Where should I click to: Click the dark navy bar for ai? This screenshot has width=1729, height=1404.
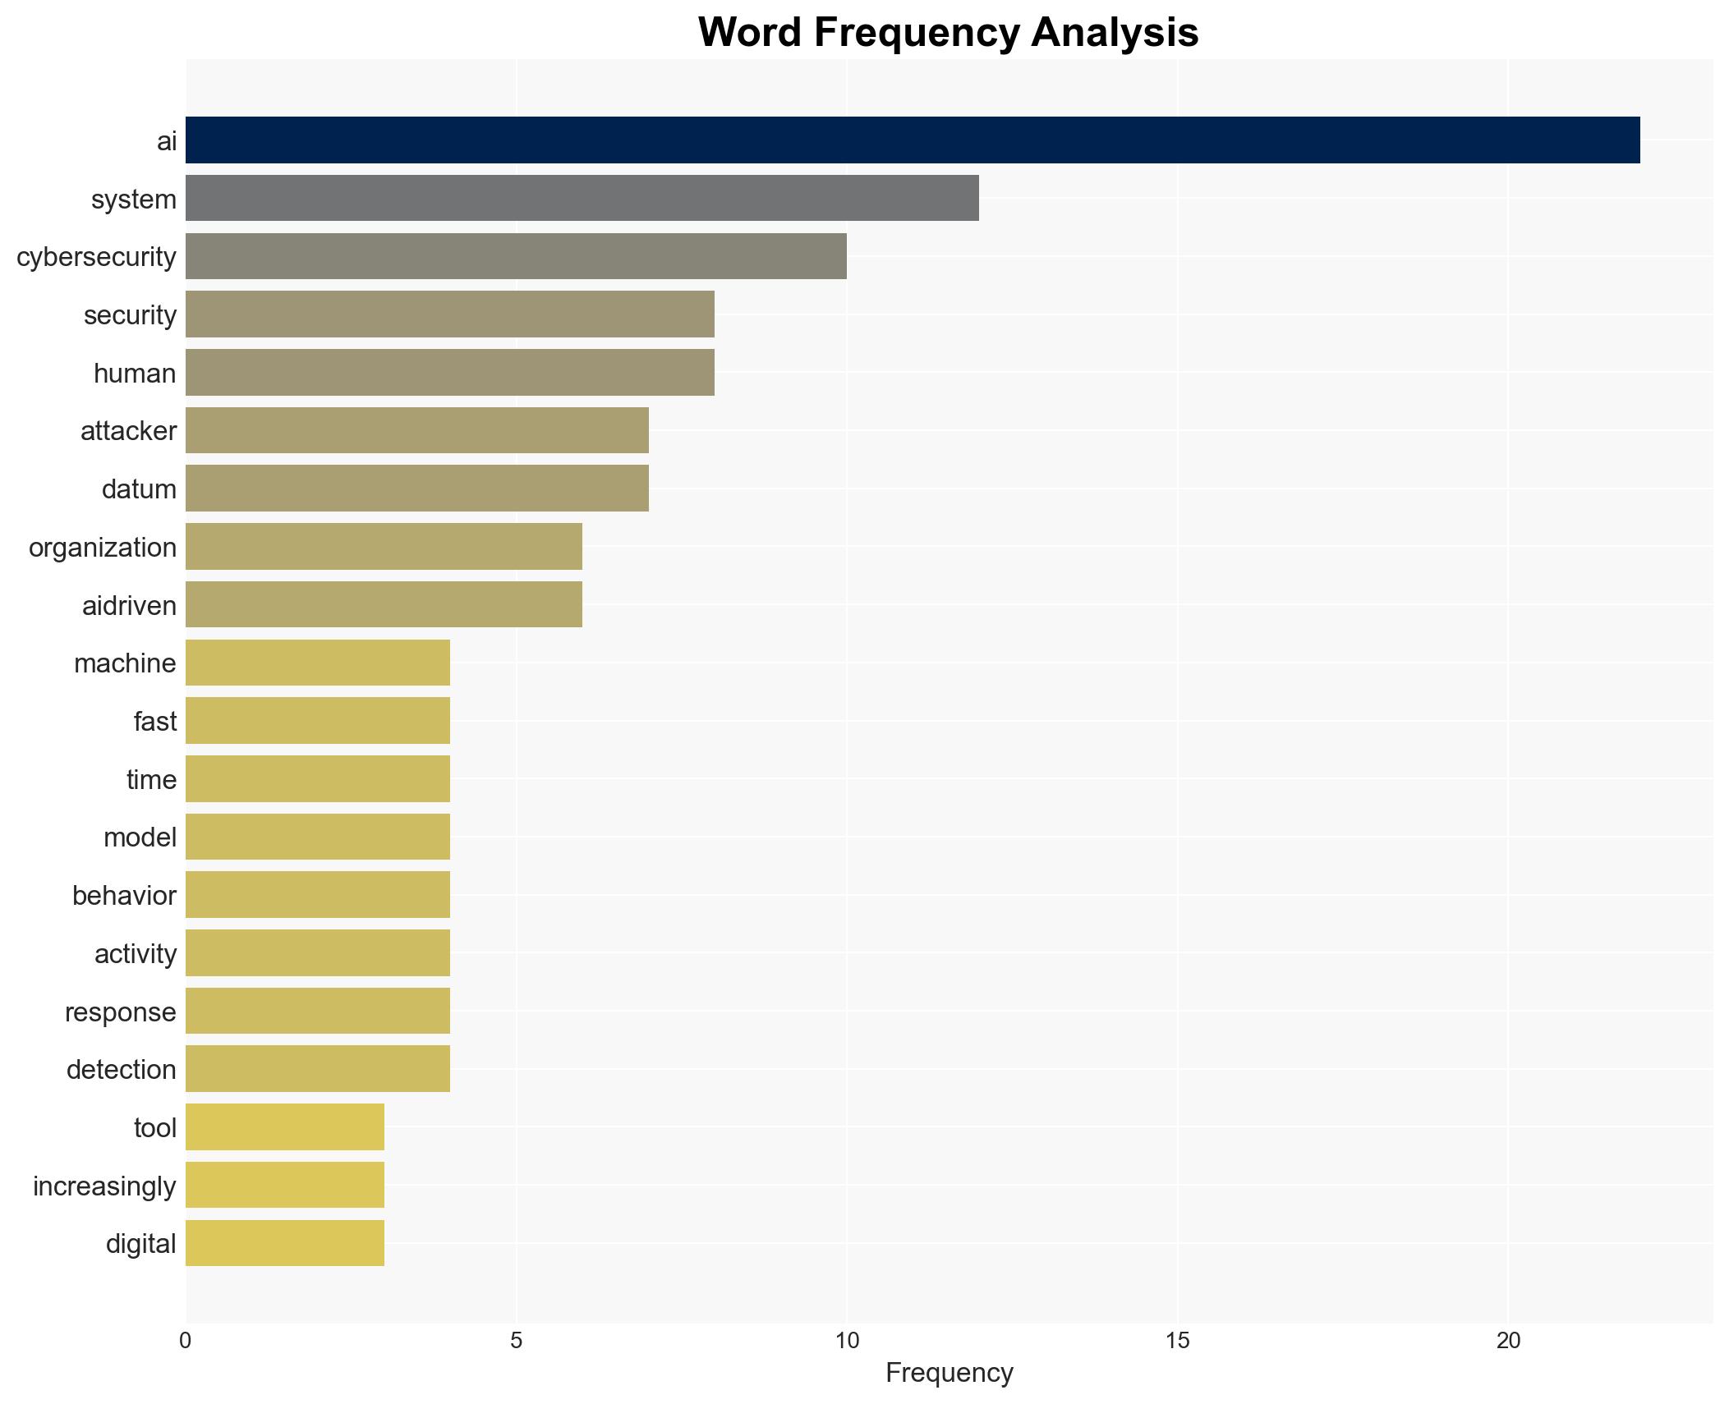tap(912, 140)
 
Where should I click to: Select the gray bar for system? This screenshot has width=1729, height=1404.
tap(582, 198)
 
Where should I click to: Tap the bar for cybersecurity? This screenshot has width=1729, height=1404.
tap(516, 256)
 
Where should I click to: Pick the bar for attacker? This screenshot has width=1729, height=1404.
tap(416, 430)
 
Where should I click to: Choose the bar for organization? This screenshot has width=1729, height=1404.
tap(384, 547)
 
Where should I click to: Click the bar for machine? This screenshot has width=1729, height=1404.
tap(317, 663)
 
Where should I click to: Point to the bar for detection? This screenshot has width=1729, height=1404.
tap(317, 1069)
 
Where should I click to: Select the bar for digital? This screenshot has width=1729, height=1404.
tap(284, 1243)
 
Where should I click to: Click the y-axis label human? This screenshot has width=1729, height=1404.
tap(135, 374)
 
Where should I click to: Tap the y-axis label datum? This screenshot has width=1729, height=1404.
tap(139, 489)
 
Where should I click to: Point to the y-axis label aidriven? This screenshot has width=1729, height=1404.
tap(129, 606)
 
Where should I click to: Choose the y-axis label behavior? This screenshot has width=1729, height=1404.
tap(124, 896)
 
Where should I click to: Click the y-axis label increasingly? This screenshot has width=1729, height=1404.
tap(104, 1186)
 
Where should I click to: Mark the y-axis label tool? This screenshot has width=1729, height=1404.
tap(154, 1128)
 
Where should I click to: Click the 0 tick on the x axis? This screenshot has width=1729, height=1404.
tap(186, 1341)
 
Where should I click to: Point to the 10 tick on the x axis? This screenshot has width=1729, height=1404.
tap(846, 1341)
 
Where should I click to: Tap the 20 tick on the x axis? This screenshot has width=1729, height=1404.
tap(1507, 1341)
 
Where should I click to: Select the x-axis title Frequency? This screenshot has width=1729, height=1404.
tap(949, 1373)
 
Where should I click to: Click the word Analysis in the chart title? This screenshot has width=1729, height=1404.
tap(1115, 33)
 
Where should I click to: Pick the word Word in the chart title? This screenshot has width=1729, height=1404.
tap(749, 33)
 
